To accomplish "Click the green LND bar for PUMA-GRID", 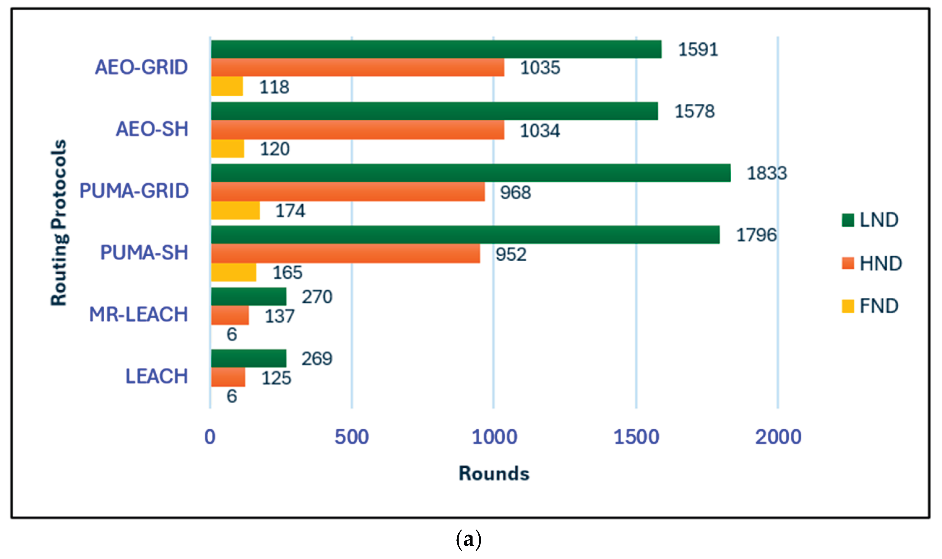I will [x=471, y=173].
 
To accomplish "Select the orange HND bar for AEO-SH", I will [x=357, y=130].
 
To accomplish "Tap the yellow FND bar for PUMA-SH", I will [x=233, y=272].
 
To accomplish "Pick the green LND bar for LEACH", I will [x=248, y=358].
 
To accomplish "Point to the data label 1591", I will [x=698, y=50].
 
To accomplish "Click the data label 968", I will [x=515, y=193].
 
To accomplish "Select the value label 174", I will [x=290, y=210].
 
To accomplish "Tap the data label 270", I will [x=317, y=297].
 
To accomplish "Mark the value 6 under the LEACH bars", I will [x=231, y=396].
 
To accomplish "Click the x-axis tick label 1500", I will [x=636, y=437].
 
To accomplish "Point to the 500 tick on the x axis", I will [x=352, y=437].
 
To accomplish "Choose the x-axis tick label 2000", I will [x=778, y=437].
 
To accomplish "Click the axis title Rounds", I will [x=494, y=473].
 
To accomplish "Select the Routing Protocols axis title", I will [x=59, y=222].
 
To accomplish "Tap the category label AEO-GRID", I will [x=141, y=67].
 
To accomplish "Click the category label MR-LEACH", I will [x=138, y=314].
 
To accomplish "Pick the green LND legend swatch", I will [x=848, y=220].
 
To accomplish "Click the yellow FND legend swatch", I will [x=848, y=306].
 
